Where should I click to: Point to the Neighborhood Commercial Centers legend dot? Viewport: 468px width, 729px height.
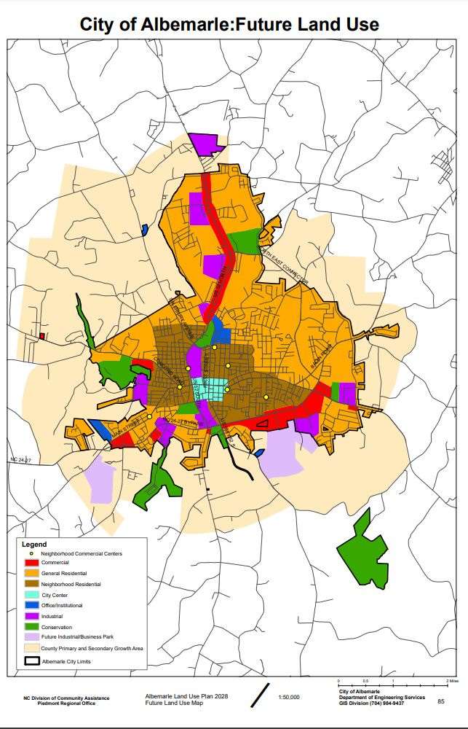32,554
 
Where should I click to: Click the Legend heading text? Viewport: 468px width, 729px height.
33,545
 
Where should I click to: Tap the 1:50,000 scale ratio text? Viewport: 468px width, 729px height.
289,698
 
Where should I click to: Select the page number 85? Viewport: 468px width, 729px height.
441,701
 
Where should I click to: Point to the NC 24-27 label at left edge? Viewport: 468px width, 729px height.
22,459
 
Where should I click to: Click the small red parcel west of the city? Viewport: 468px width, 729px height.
42,337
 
